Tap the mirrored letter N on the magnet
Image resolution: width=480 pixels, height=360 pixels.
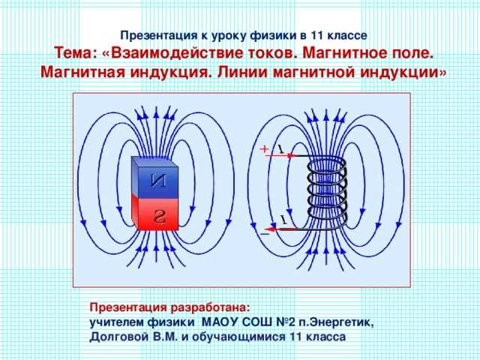159,180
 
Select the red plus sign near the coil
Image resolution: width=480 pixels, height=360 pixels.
264,149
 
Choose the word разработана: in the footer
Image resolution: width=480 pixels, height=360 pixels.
210,307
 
